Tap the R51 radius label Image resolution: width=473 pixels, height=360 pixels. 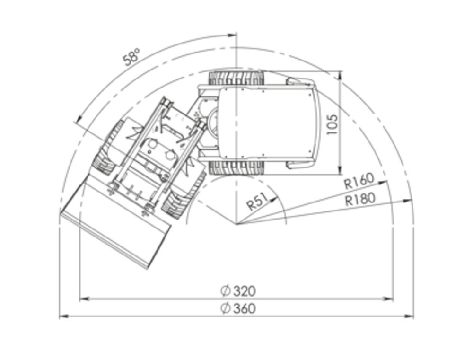click(x=257, y=202)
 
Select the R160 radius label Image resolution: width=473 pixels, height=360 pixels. click(x=359, y=181)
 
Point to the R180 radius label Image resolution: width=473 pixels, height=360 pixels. click(x=360, y=199)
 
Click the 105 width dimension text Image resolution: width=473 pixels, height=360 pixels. click(x=332, y=124)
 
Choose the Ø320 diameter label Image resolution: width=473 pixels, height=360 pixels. click(x=238, y=291)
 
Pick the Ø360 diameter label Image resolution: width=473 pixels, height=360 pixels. click(x=238, y=308)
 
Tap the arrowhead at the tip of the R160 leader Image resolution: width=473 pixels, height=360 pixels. click(x=383, y=182)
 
